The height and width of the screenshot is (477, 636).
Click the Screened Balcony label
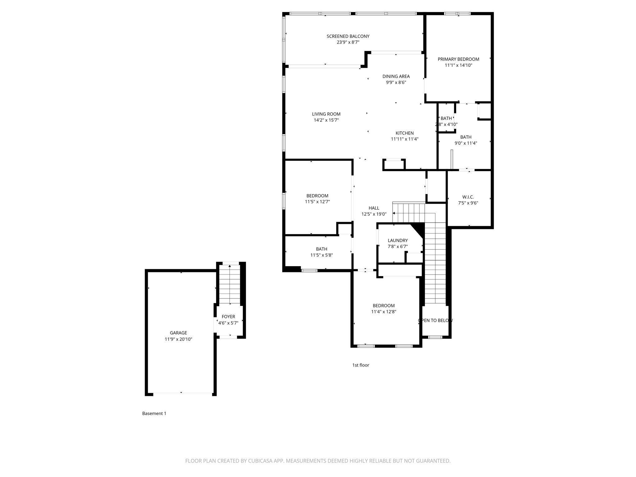[x=348, y=36]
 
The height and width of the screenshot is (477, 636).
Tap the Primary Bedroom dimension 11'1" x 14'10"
[x=458, y=65]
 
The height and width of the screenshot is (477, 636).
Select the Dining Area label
[x=396, y=76]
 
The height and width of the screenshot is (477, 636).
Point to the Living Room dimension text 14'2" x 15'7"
[x=326, y=120]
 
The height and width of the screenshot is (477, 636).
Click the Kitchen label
[x=404, y=133]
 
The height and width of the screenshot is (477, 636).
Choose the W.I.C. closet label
[x=468, y=197]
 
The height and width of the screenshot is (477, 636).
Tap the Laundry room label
[x=397, y=240]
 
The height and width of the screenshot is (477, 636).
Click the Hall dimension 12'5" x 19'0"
[x=374, y=214]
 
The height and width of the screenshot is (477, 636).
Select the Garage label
[x=178, y=333]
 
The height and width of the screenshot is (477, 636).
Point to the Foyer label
[x=228, y=317]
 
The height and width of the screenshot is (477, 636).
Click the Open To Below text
[x=435, y=320]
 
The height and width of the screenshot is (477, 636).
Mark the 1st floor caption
[x=361, y=365]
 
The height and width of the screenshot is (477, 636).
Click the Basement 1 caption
[x=154, y=414]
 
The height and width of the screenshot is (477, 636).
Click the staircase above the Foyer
[x=229, y=284]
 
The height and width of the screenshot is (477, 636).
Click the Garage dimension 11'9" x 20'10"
[x=178, y=339]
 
